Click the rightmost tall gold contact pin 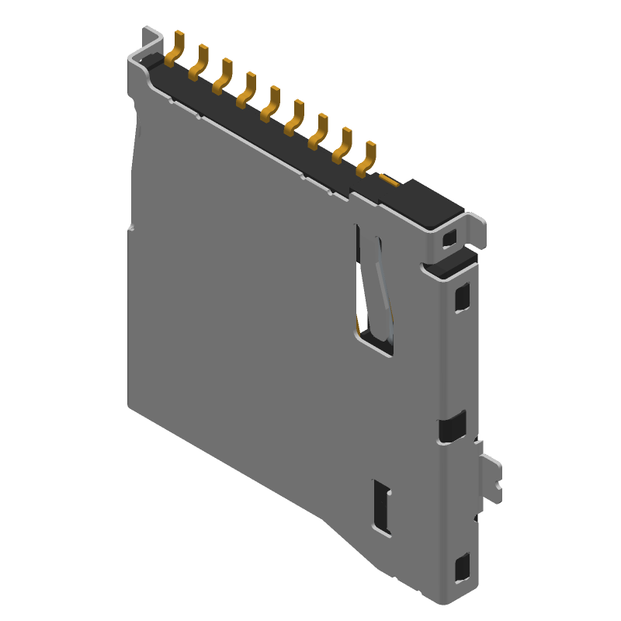[366, 158]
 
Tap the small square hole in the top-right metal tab [449, 239]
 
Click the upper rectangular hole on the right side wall [462, 296]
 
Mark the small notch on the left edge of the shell [131, 228]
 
